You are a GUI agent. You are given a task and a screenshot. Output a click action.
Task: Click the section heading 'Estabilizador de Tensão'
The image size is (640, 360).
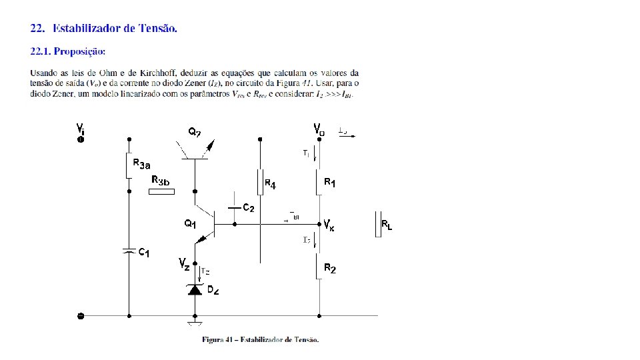coord(115,28)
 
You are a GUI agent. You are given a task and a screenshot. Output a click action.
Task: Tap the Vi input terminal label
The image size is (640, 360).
coord(80,128)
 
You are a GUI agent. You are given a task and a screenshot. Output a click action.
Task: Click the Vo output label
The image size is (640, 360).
coord(319,128)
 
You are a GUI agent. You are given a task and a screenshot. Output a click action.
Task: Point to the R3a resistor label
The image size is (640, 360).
coord(141,165)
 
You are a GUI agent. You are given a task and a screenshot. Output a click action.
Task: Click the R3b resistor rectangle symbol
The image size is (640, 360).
coord(162,192)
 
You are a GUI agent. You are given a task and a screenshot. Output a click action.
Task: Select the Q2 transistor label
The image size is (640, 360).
coord(194,133)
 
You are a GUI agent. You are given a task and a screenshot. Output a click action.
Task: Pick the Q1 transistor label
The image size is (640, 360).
coord(190,224)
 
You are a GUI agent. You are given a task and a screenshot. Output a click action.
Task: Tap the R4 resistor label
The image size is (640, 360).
coord(270,183)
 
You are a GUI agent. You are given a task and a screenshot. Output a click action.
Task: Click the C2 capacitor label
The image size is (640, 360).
coord(247,207)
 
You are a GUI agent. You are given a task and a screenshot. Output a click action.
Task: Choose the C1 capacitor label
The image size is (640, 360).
coord(144,253)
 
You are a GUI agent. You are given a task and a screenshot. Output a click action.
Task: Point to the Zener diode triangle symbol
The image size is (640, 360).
coord(195,289)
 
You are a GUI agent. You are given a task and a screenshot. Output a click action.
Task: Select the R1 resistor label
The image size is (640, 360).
coord(330,181)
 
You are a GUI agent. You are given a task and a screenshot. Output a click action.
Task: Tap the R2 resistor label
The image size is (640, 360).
coord(330,268)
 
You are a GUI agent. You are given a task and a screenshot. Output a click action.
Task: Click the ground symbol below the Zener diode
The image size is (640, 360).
coord(195,325)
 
